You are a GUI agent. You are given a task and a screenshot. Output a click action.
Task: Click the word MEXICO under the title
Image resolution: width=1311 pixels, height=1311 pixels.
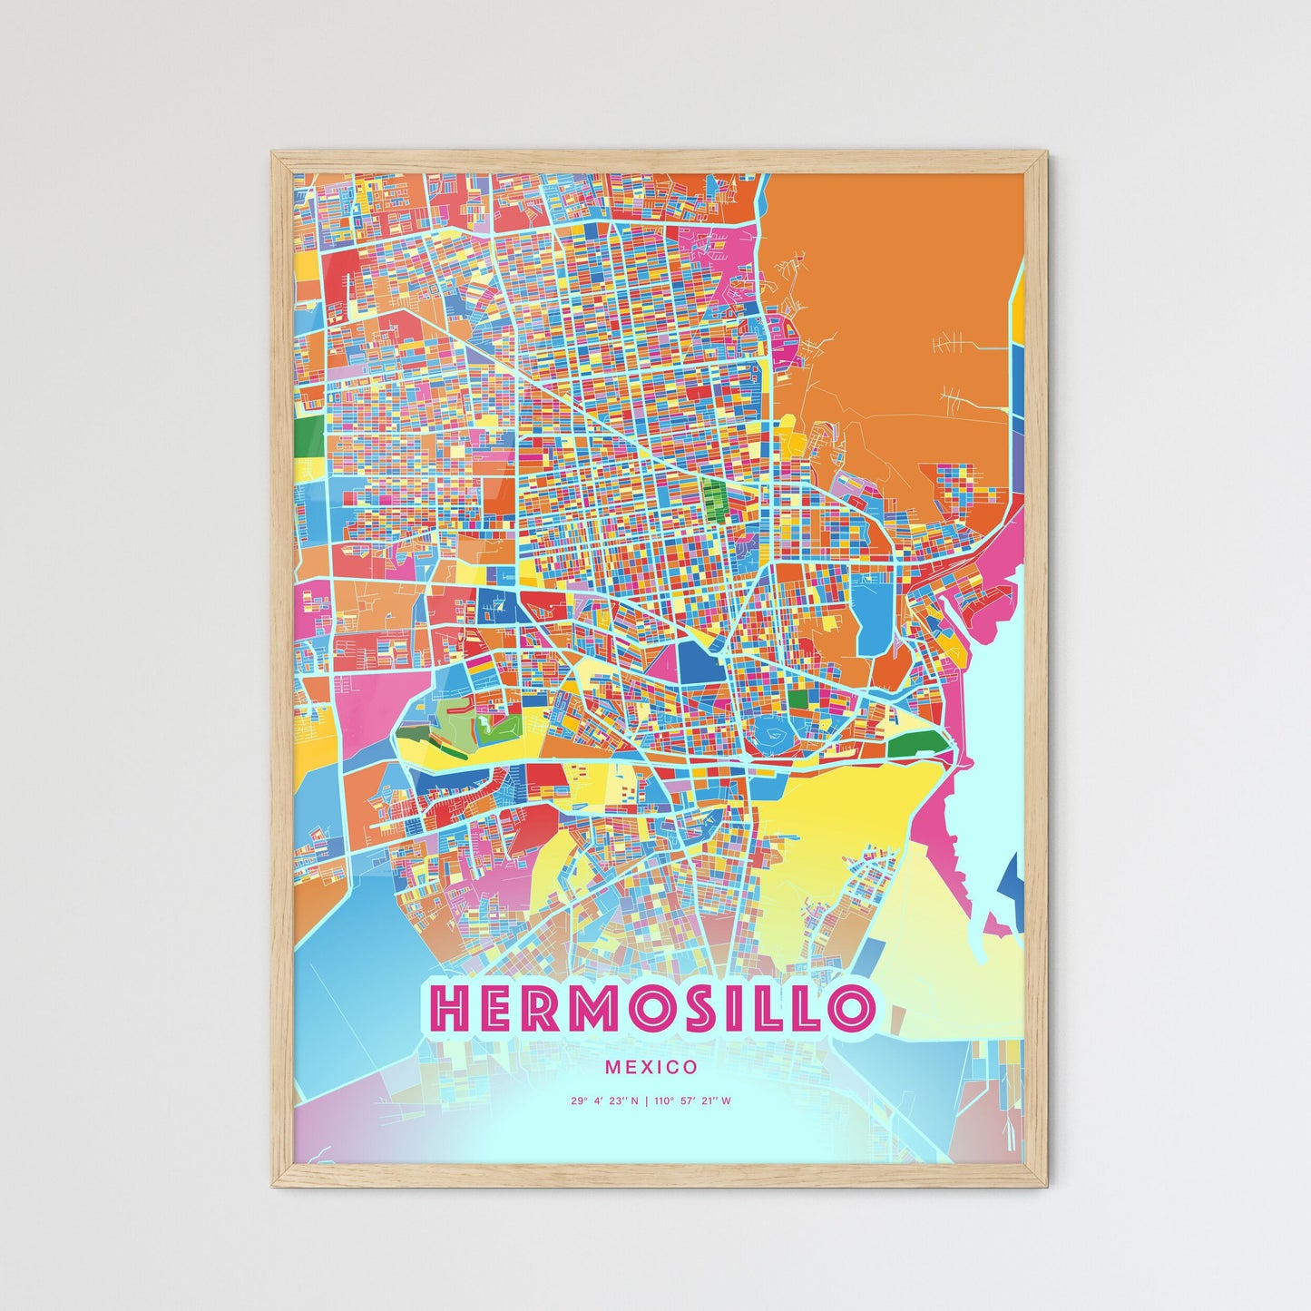(651, 1068)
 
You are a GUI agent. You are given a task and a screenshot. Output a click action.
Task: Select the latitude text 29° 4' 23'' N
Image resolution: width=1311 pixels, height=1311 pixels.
(604, 1101)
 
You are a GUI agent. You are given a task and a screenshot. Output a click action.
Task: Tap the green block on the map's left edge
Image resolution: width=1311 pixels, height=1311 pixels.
(308, 427)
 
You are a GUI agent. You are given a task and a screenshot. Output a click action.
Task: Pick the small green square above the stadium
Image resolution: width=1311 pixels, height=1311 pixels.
(798, 700)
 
